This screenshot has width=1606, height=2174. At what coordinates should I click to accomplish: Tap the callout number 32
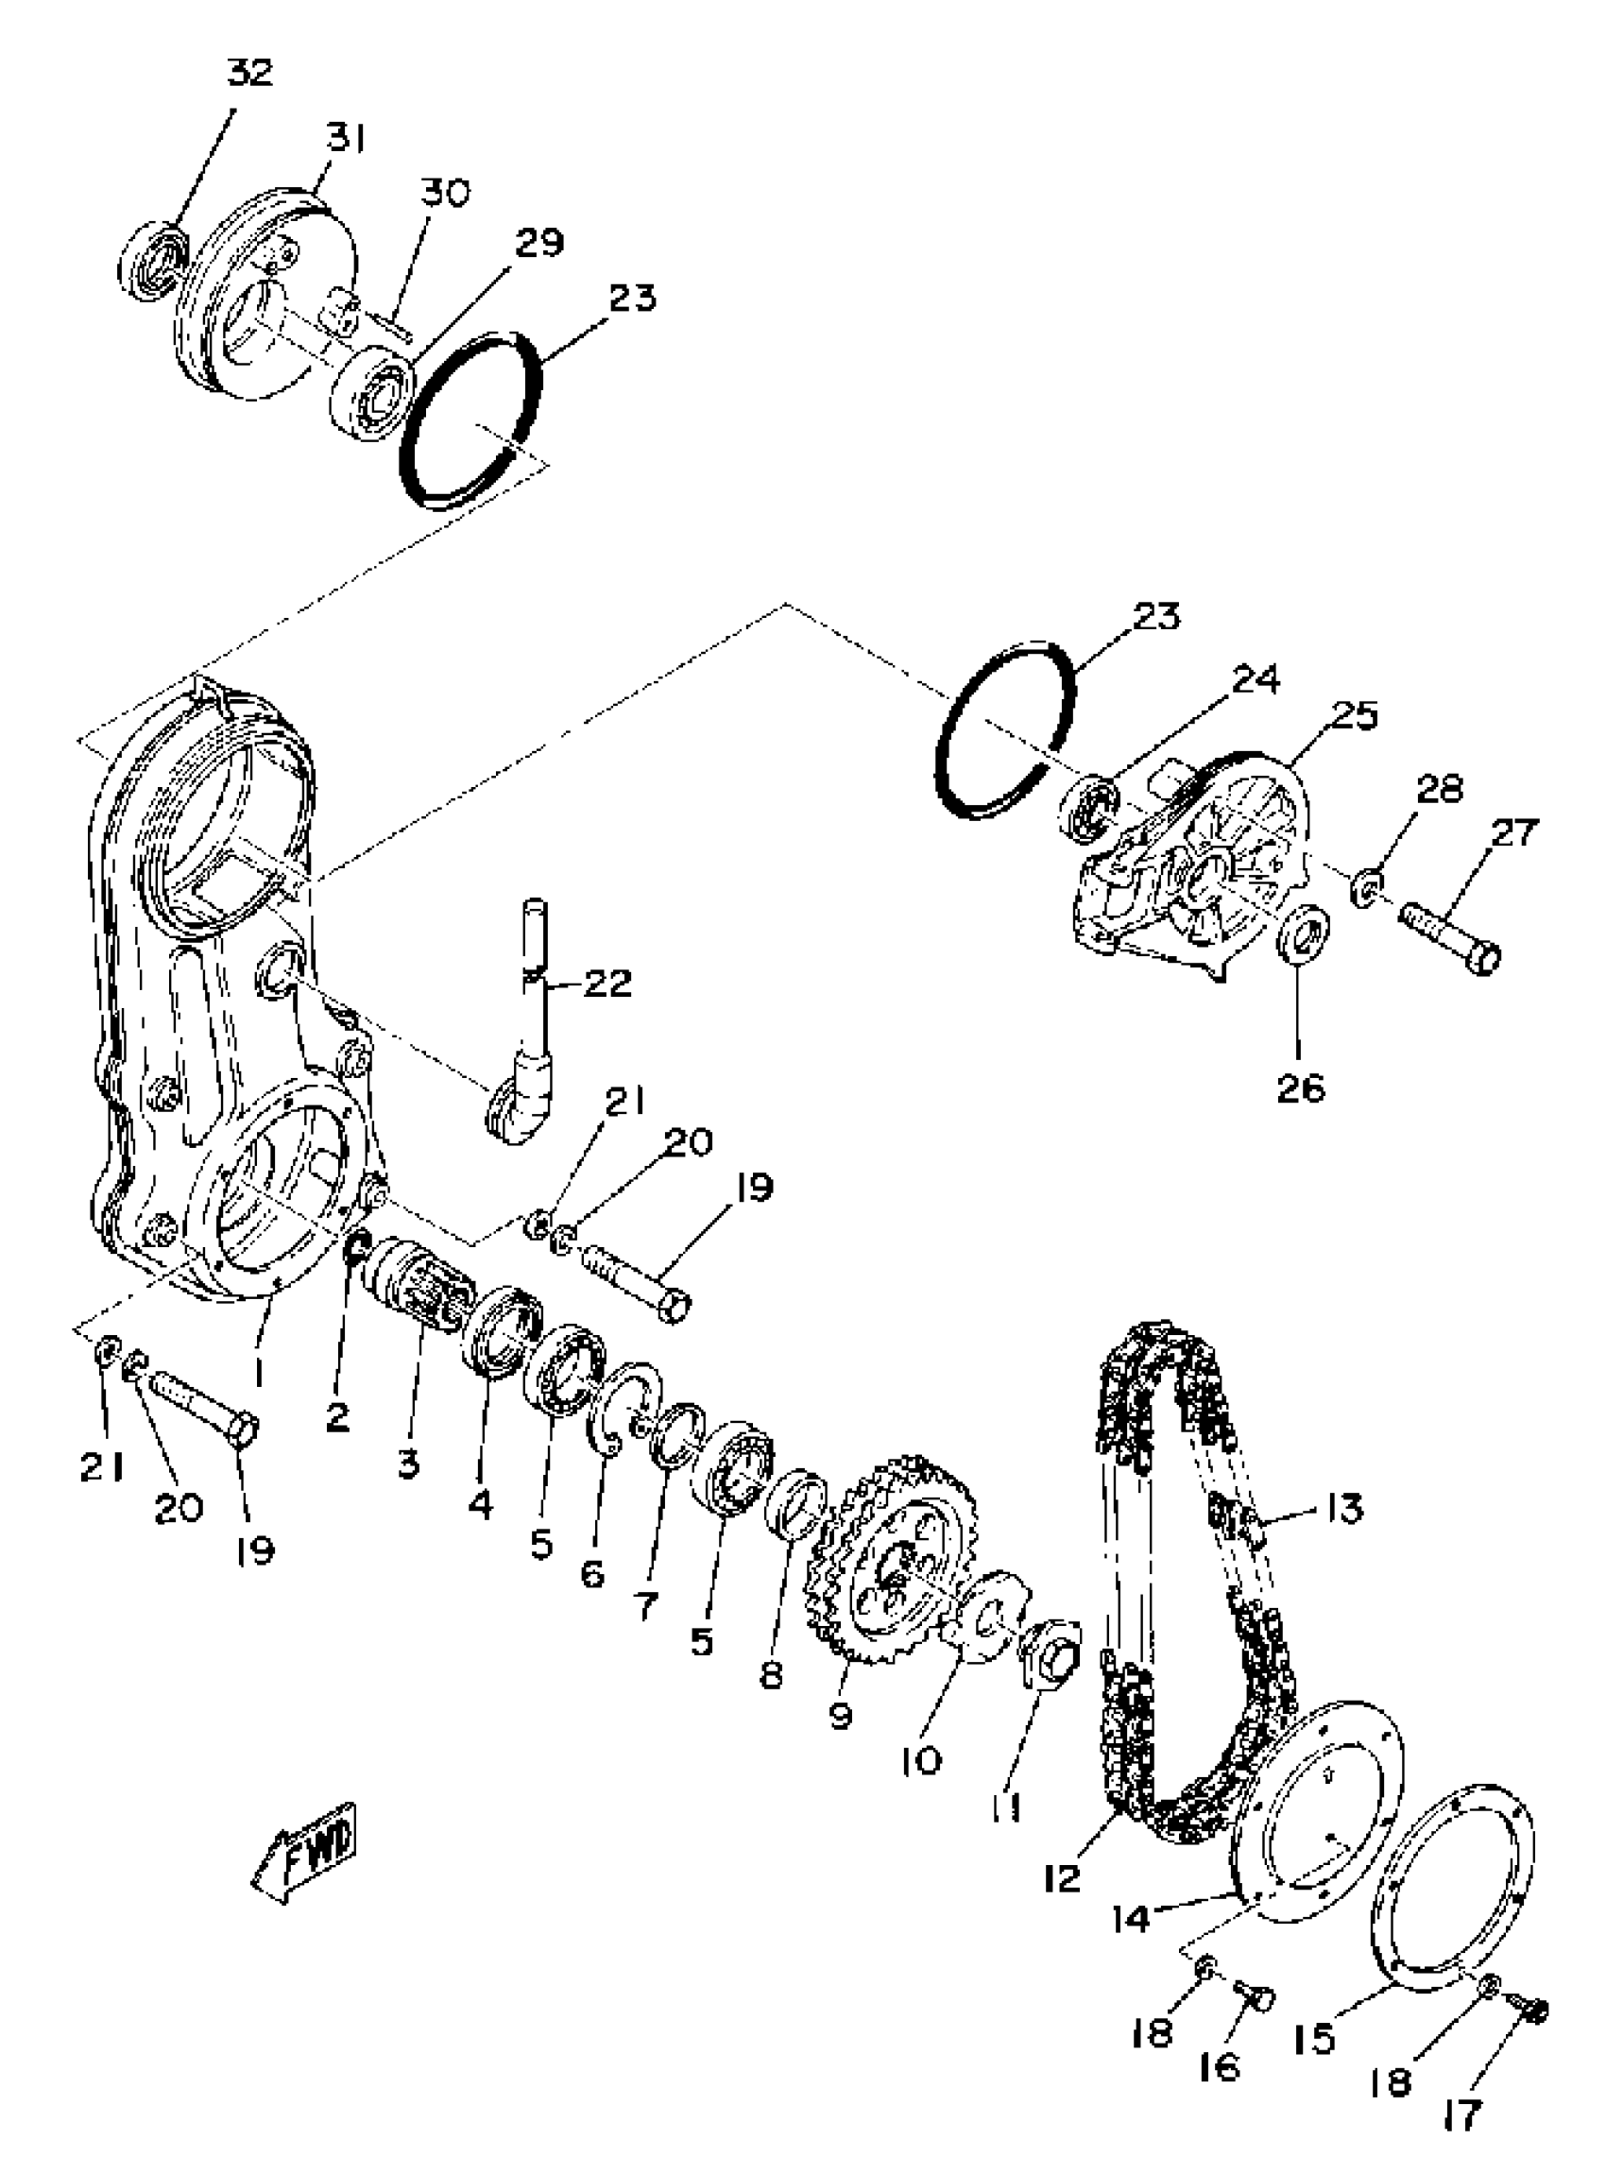tap(249, 73)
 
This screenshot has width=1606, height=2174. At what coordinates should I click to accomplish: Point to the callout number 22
tap(607, 984)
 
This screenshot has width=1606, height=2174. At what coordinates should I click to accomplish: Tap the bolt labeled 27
tap(1449, 939)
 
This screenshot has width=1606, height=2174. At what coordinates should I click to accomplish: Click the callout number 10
tap(921, 1759)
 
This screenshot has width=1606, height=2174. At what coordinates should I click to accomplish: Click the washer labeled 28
tap(1369, 888)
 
